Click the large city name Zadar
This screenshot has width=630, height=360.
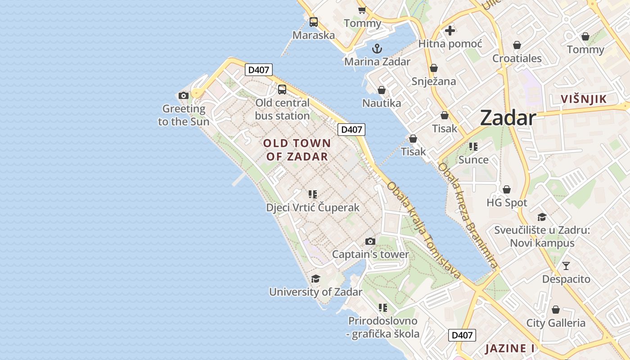[508, 118]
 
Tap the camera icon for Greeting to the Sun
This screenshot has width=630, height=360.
[183, 95]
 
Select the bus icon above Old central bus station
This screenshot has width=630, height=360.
[282, 90]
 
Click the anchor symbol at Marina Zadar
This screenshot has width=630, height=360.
[377, 49]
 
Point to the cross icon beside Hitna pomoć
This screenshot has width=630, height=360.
[450, 31]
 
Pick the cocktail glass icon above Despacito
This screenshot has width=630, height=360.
[566, 266]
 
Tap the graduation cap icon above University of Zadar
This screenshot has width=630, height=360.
[315, 279]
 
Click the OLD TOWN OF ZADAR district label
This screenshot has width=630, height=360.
[297, 150]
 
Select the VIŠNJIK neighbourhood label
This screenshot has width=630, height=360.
[584, 99]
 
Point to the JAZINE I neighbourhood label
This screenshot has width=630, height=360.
[510, 348]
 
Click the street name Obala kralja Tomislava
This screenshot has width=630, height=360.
[423, 229]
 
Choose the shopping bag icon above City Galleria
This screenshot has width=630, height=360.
[556, 310]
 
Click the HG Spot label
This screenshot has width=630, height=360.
[507, 203]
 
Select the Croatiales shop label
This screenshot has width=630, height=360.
[517, 58]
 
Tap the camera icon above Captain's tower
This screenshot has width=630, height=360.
[370, 242]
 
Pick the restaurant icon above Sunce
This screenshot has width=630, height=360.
[473, 147]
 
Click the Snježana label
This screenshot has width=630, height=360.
[434, 81]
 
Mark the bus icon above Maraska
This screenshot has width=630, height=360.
[314, 22]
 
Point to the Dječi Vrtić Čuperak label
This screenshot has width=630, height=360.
[313, 207]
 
